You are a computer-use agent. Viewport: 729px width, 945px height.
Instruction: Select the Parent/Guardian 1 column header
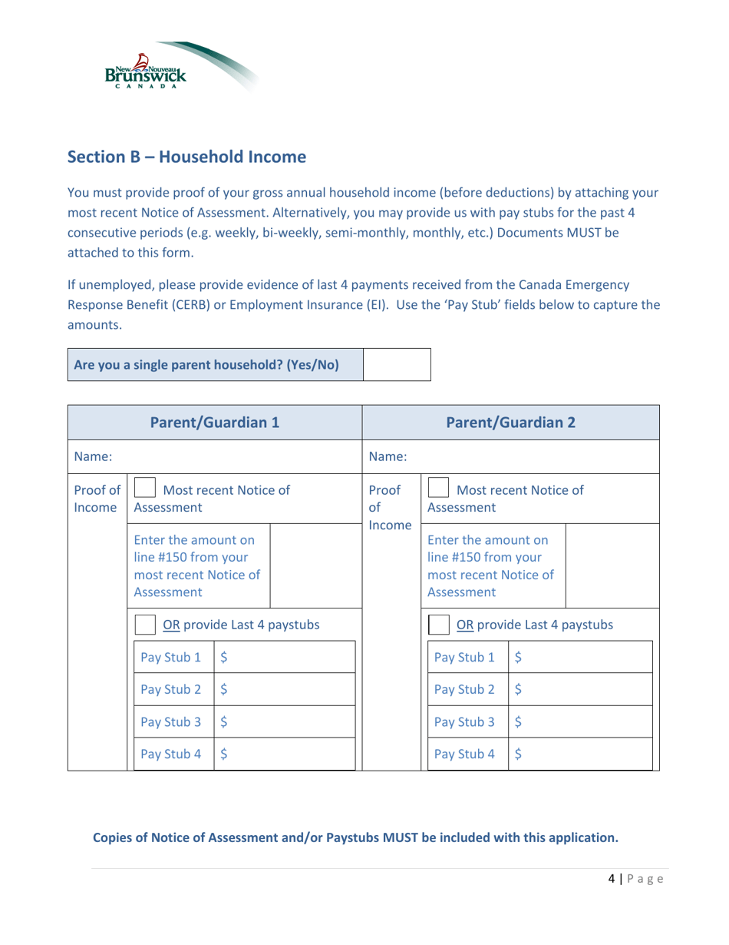214,423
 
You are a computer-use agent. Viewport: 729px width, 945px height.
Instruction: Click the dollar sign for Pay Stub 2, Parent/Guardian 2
516,648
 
